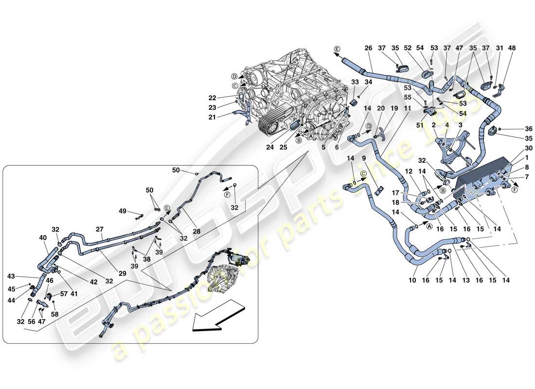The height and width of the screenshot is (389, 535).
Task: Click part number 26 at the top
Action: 368,48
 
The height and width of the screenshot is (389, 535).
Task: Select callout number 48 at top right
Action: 512,48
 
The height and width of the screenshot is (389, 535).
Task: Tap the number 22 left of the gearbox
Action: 226,97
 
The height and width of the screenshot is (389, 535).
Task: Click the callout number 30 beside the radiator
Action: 515,149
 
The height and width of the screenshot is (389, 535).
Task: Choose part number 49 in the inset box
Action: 123,211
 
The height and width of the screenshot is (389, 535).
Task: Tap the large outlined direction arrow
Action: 217,316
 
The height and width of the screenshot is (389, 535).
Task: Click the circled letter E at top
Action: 337,49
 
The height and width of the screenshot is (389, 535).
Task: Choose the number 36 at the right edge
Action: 515,129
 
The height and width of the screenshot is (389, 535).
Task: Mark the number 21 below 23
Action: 226,117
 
